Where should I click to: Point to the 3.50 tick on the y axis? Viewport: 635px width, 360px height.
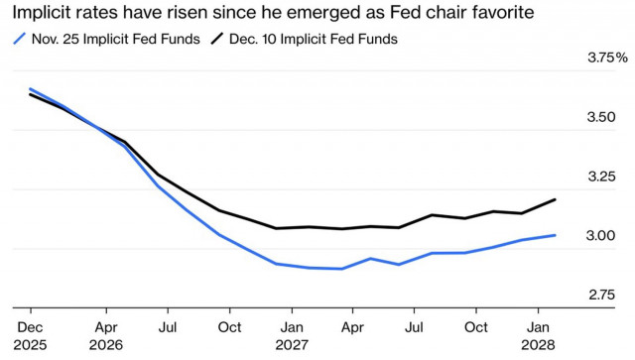[601, 118]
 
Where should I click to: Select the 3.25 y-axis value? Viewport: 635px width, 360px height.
[601, 178]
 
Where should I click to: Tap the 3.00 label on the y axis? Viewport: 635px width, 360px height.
[601, 236]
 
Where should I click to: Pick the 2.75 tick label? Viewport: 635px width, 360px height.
[601, 296]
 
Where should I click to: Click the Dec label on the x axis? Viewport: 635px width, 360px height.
[30, 326]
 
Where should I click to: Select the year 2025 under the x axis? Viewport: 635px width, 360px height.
[31, 345]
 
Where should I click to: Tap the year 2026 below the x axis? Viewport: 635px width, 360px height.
[106, 345]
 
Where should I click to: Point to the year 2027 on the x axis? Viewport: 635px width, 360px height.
[292, 345]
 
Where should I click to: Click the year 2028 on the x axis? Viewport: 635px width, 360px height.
[540, 345]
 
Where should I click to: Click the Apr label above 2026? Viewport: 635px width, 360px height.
[106, 326]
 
